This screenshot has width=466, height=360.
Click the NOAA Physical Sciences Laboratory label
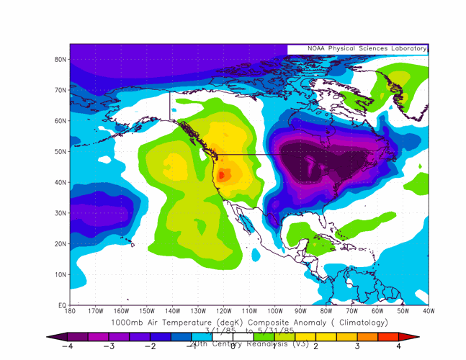coord(357,49)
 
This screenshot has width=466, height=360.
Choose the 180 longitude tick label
coord(70,312)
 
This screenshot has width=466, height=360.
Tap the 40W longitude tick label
coord(428,312)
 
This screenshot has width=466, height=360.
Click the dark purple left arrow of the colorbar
coord(53,336)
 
